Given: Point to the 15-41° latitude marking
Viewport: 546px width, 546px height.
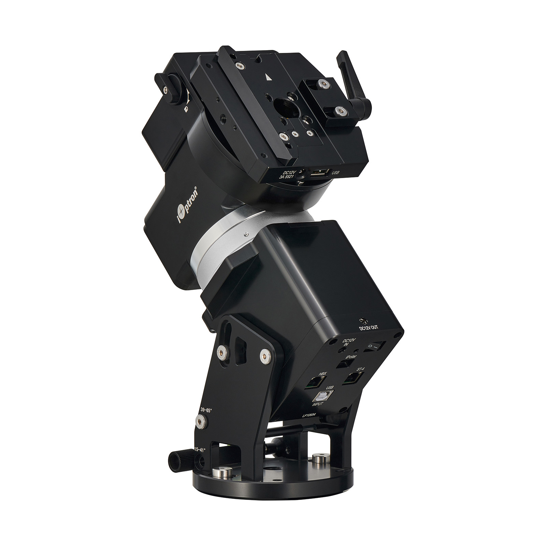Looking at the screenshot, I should [x=200, y=449].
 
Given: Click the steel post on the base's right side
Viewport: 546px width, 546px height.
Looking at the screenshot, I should [x=319, y=458].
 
